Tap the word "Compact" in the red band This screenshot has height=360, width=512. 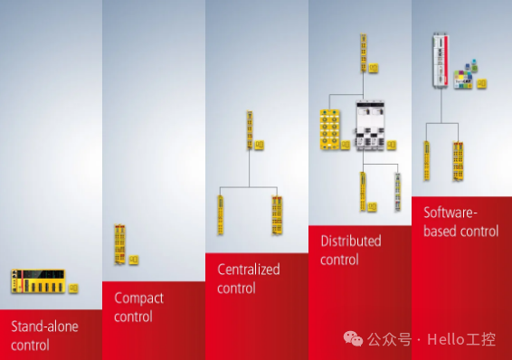[x=137, y=298]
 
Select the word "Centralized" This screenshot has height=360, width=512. [x=249, y=270]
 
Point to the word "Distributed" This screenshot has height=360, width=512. [x=351, y=242]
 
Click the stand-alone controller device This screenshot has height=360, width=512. [x=38, y=281]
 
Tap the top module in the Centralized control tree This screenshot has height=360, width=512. [x=249, y=132]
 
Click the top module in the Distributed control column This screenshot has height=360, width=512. [x=364, y=53]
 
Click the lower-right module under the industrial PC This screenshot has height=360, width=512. [x=459, y=160]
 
